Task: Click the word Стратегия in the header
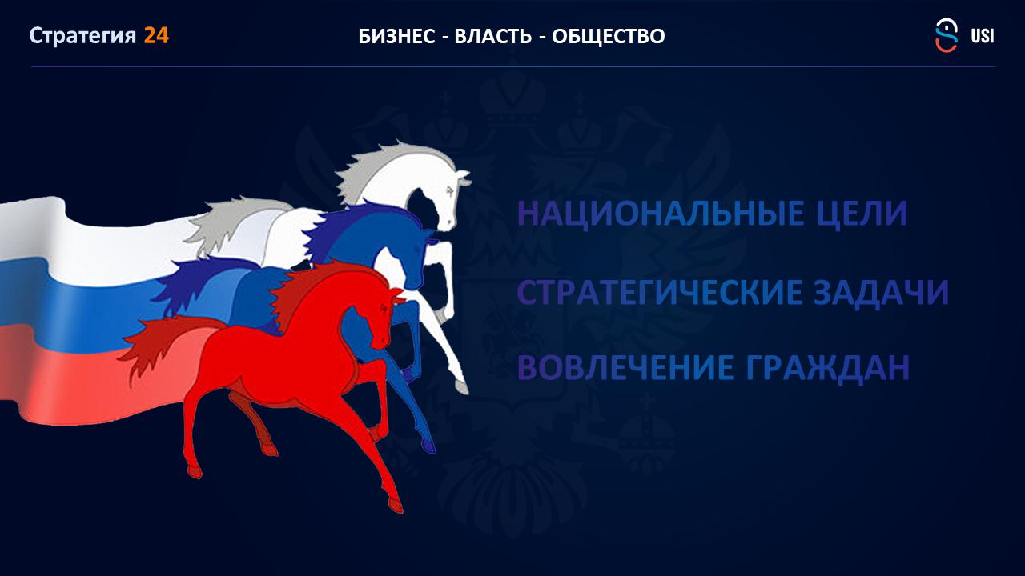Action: tap(82, 36)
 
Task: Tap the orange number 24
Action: tap(156, 36)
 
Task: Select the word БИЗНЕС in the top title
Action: tap(396, 37)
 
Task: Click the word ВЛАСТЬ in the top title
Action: tap(492, 37)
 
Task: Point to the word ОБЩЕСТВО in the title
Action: tap(608, 37)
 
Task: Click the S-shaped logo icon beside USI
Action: tap(947, 35)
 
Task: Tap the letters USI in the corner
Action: tap(982, 36)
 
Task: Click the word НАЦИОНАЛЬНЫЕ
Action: tap(661, 214)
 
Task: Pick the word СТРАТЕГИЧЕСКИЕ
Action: tap(659, 292)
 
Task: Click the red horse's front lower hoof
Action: tap(396, 505)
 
